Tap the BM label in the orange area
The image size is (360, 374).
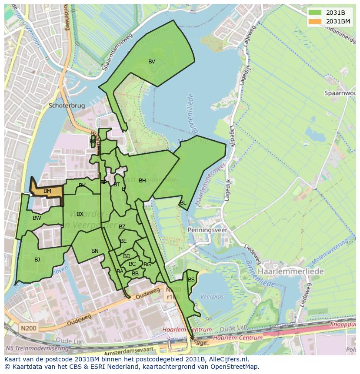[47, 191]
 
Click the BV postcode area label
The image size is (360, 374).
[152, 62]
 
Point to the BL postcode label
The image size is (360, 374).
[183, 203]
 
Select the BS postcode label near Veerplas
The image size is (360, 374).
[191, 280]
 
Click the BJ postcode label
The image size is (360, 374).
[37, 260]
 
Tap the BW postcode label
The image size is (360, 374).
[37, 218]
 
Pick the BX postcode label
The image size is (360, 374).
[80, 214]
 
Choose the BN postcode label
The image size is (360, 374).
[95, 251]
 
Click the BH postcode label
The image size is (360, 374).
[142, 181]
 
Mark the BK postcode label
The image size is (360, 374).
[82, 185]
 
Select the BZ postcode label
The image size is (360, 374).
[122, 227]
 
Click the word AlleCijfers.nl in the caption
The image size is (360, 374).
[227, 359]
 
